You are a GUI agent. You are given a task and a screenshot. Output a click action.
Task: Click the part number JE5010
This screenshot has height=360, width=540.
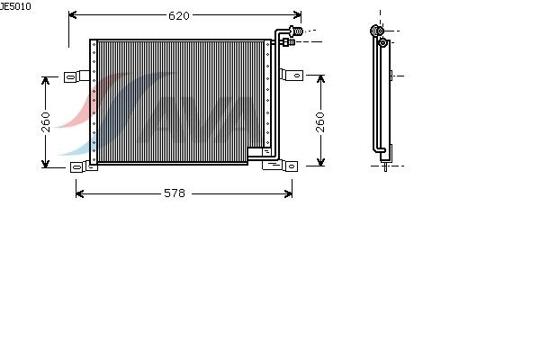click(15, 6)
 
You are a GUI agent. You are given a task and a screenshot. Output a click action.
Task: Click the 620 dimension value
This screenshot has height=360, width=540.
click(179, 15)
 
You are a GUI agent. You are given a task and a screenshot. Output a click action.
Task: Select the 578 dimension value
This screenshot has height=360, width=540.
click(175, 193)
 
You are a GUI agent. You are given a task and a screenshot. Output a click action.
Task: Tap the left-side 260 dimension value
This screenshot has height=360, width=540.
click(46, 122)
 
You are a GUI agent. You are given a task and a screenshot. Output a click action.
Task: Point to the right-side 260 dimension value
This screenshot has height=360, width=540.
click(320, 122)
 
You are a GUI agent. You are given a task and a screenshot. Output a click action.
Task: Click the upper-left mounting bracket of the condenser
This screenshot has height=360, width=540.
click(76, 76)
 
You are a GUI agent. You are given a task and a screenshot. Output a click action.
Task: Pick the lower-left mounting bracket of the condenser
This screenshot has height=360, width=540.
click(84, 167)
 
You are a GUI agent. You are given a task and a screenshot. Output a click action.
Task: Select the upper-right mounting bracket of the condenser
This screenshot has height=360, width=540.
click(292, 75)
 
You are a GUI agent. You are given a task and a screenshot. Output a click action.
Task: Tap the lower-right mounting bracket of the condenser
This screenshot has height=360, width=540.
click(280, 166)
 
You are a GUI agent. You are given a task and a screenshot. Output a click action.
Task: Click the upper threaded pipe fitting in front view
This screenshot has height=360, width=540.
click(296, 31)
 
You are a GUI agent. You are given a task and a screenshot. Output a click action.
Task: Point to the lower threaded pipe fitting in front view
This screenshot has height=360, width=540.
click(289, 42)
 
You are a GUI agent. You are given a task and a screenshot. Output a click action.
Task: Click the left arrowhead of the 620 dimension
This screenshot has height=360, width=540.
click(72, 14)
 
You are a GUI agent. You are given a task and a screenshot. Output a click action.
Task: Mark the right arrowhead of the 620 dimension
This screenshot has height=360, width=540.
click(298, 14)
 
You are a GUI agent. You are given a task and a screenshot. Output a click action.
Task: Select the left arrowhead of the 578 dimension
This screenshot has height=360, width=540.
click(79, 193)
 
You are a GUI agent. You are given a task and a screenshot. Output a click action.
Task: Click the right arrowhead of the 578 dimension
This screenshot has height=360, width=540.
click(288, 193)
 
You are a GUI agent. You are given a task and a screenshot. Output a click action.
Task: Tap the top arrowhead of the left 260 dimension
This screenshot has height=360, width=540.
click(46, 81)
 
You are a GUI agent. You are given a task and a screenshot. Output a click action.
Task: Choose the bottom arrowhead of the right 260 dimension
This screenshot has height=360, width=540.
click(320, 162)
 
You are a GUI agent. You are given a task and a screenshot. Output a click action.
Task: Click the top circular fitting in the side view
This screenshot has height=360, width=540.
click(377, 31)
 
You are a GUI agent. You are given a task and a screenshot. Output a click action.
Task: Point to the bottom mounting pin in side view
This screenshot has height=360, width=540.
click(385, 167)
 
